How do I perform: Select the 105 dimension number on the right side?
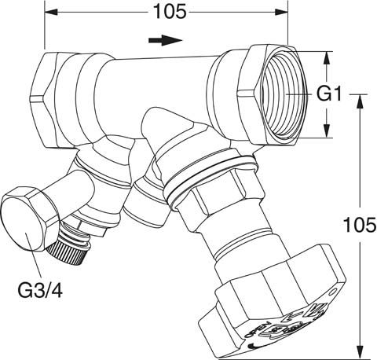(358, 226)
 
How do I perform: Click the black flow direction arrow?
(162, 39)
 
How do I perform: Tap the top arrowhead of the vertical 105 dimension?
(359, 100)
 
